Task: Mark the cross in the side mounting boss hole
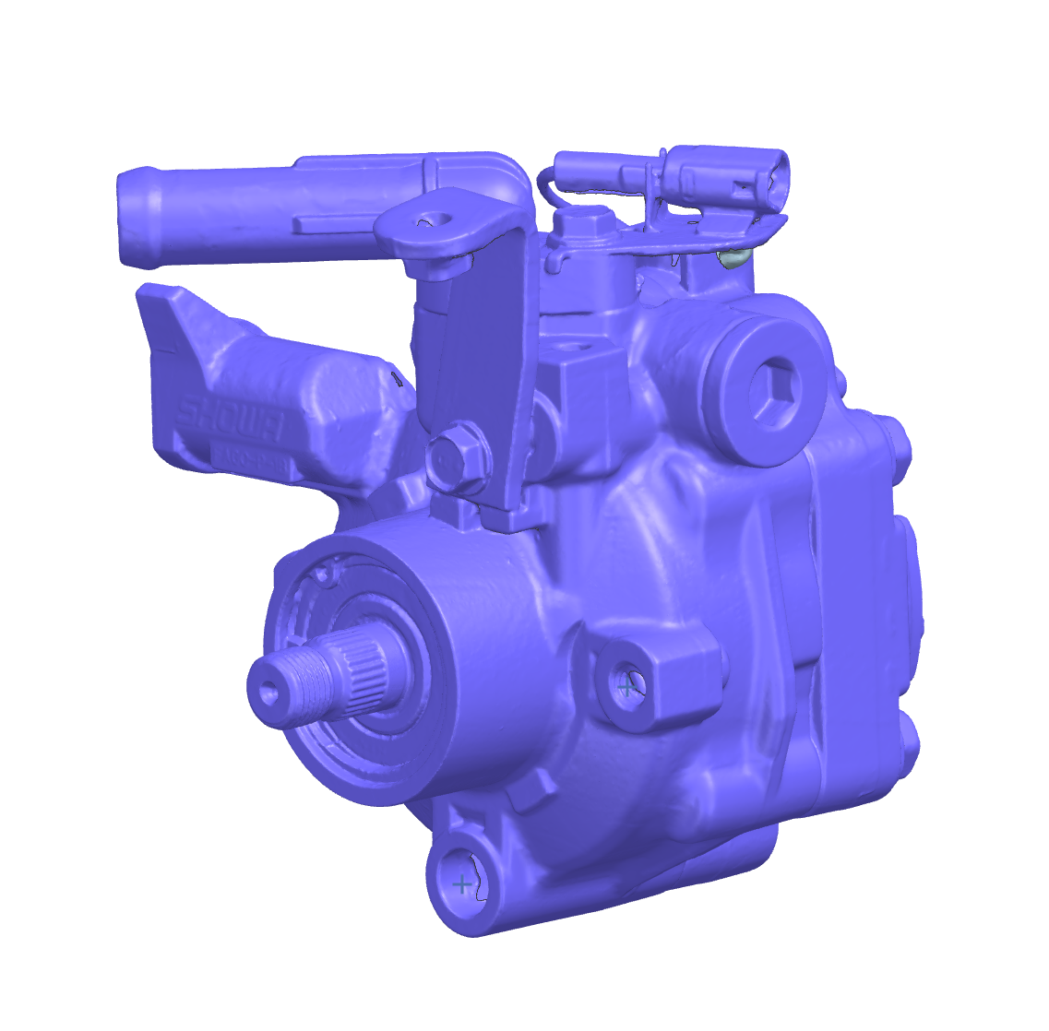pos(628,686)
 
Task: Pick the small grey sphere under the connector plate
pos(732,257)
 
